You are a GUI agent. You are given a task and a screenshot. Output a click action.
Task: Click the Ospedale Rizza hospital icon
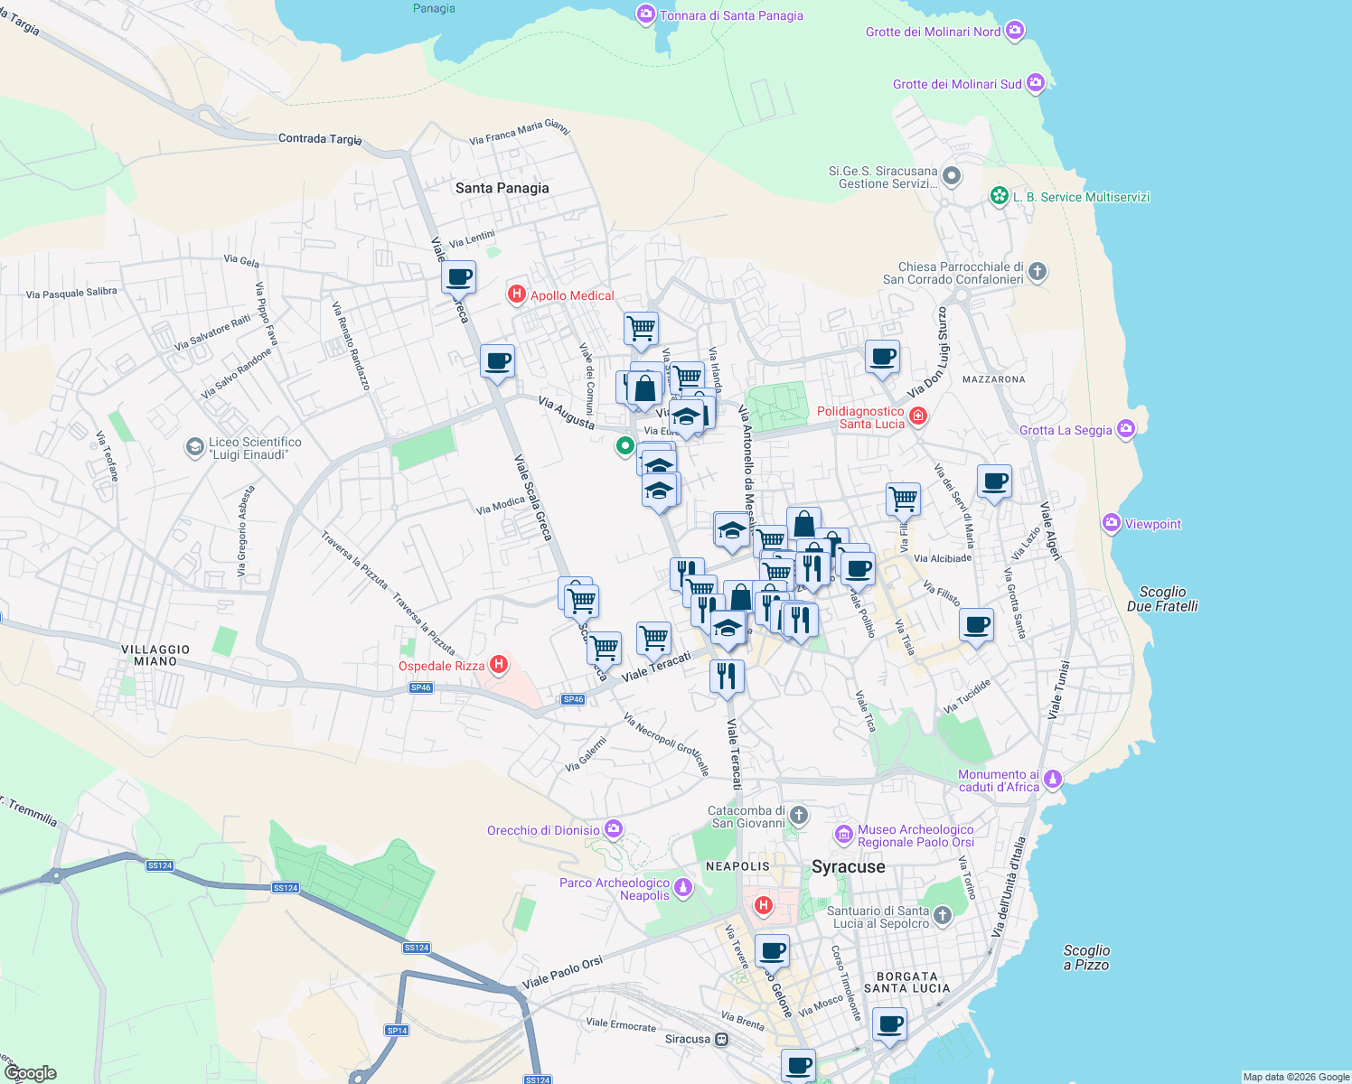[x=498, y=666]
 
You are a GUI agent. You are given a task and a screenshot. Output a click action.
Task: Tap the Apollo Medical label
[x=572, y=295]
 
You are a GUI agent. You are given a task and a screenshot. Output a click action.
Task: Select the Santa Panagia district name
[x=502, y=188]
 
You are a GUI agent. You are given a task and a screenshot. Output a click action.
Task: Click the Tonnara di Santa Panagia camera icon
[x=645, y=14]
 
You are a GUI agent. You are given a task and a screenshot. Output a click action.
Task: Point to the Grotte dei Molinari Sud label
[x=957, y=84]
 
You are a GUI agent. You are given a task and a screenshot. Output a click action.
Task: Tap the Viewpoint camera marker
[x=1112, y=523]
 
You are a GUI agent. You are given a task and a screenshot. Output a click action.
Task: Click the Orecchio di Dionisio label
[x=543, y=830]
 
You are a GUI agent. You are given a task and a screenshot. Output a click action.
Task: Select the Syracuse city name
[x=849, y=867]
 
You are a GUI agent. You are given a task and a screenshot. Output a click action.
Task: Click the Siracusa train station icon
[x=721, y=1039]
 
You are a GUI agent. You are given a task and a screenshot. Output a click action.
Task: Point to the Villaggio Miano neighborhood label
[x=155, y=655]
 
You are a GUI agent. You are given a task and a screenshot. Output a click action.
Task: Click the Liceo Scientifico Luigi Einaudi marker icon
[x=194, y=447]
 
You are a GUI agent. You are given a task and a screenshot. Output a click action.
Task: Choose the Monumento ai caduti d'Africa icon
[x=1052, y=779]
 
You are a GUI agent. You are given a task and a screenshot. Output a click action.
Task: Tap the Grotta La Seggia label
[x=1066, y=430]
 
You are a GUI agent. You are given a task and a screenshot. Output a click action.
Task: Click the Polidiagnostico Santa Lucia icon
[x=918, y=416]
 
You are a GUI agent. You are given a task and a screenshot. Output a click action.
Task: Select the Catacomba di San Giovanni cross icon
[x=798, y=817]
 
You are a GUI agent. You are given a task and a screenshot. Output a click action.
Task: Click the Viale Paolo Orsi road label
[x=562, y=973]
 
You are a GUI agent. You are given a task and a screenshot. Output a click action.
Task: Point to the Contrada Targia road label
[x=320, y=138]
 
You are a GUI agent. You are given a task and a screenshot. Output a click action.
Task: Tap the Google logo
[x=31, y=1073]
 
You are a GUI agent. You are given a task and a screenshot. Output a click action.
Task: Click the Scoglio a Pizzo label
[x=1086, y=958]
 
